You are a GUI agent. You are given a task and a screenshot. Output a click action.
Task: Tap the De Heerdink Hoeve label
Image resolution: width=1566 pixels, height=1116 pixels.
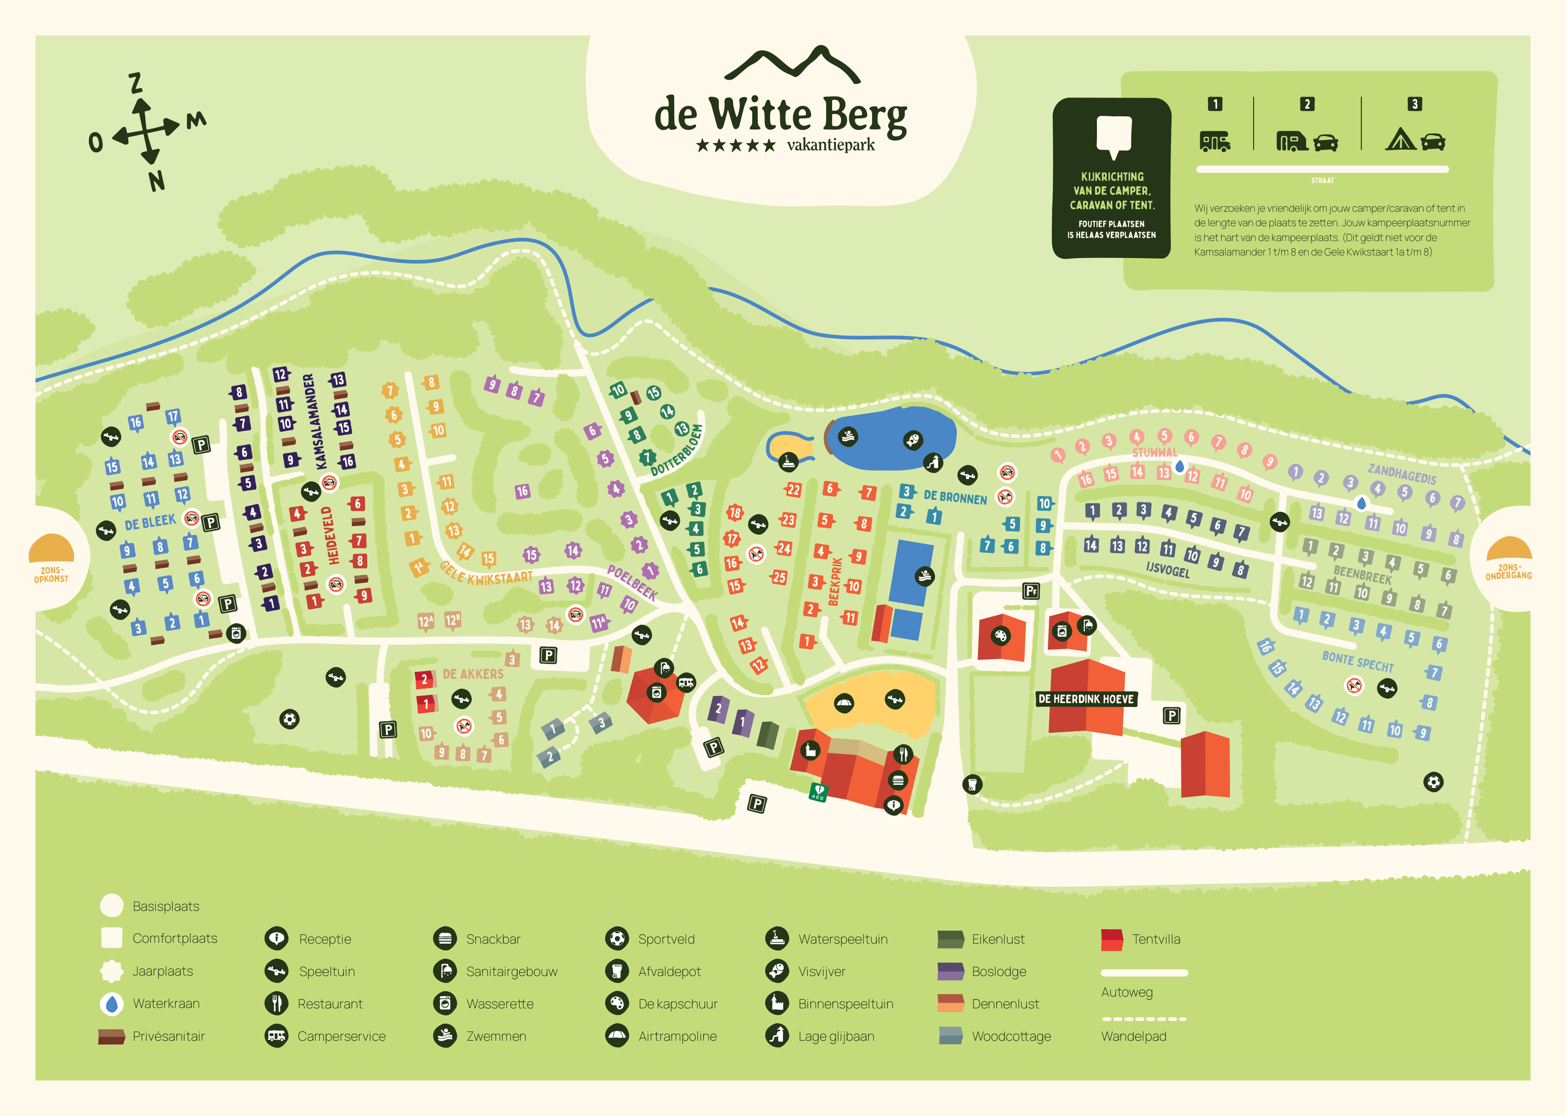pyautogui.click(x=1086, y=699)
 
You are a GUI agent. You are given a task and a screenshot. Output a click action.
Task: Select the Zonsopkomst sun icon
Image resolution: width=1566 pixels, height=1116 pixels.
pyautogui.click(x=52, y=549)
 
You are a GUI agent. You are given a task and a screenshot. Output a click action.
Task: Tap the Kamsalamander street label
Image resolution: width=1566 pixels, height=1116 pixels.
pyautogui.click(x=310, y=422)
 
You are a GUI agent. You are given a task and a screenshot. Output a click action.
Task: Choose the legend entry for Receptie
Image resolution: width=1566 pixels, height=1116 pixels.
pyautogui.click(x=324, y=939)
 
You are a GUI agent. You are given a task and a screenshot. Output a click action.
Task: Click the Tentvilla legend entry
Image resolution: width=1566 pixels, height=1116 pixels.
pyautogui.click(x=1155, y=939)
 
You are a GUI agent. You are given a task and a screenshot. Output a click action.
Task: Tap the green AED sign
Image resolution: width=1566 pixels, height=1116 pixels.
pyautogui.click(x=818, y=792)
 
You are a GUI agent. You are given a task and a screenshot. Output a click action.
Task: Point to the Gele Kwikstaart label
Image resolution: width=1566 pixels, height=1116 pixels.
pyautogui.click(x=486, y=574)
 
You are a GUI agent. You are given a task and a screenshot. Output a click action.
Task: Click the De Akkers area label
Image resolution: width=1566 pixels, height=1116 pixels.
pyautogui.click(x=473, y=674)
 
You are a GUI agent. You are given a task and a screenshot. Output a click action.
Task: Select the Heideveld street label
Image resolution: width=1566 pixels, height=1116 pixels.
pyautogui.click(x=333, y=535)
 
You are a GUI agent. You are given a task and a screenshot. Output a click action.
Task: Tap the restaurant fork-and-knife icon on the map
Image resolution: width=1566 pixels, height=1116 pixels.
pyautogui.click(x=903, y=754)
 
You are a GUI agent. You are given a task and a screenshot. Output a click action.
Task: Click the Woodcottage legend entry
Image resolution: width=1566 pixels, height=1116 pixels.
pyautogui.click(x=1010, y=1036)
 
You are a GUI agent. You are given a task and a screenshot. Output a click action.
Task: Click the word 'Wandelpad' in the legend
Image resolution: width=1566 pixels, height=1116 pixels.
pyautogui.click(x=1133, y=1036)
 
